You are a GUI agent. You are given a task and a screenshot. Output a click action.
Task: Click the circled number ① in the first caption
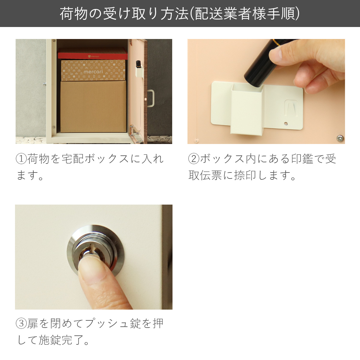click(21, 159)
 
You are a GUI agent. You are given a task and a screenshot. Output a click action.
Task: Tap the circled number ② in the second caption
click(194, 159)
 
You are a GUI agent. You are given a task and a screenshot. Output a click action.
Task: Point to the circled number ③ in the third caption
click(21, 323)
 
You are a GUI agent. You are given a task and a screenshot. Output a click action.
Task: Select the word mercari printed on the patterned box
click(93, 72)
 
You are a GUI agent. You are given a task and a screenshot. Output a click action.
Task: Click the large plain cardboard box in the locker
click(93, 106)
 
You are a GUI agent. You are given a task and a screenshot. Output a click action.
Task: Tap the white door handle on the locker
click(151, 98)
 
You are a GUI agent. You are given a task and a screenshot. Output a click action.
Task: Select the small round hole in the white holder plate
click(286, 123)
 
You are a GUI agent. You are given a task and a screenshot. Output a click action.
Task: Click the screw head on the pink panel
click(340, 138)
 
